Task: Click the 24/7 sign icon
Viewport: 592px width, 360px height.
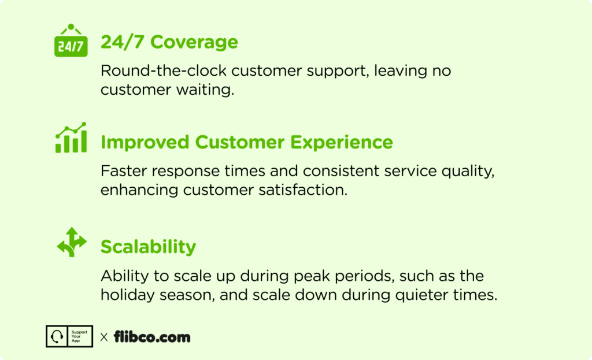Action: [71, 40]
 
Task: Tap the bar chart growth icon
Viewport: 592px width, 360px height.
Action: [71, 138]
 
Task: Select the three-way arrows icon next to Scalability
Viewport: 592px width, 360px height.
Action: [72, 242]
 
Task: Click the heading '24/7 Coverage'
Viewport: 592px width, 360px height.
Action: [169, 42]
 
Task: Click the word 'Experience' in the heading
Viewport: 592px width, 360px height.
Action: [342, 142]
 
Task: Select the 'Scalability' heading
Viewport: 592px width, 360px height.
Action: [149, 247]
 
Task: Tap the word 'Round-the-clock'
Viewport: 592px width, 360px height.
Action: [164, 70]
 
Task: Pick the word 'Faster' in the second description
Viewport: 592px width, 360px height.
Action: [124, 171]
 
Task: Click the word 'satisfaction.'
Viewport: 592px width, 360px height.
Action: [303, 190]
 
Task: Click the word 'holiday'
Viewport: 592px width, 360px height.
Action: [128, 295]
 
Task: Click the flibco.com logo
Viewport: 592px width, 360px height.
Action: [152, 337]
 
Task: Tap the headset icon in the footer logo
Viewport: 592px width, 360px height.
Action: [57, 336]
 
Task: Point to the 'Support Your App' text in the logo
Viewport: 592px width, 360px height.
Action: [79, 336]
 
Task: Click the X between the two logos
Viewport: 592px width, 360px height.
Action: [104, 337]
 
